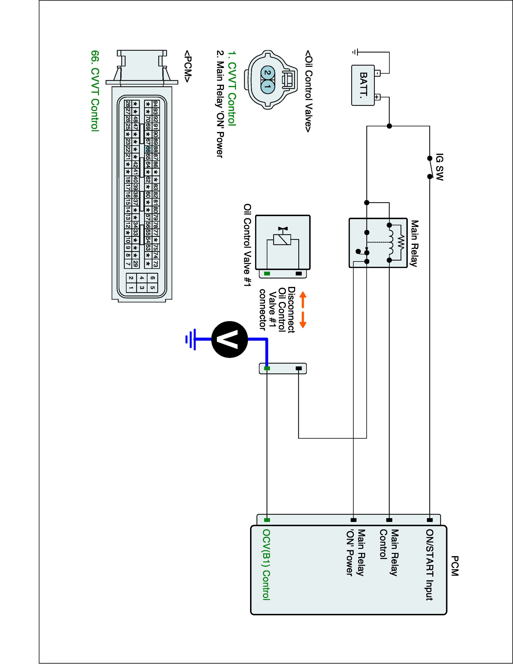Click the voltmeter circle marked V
(x=230, y=339)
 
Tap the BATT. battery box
(x=363, y=85)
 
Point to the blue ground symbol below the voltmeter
(x=191, y=339)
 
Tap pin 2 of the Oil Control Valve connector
(x=267, y=73)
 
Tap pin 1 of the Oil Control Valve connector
(x=267, y=86)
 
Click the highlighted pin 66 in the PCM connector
(x=148, y=149)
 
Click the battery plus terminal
(x=377, y=97)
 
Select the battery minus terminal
(x=377, y=73)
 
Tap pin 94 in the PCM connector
(x=155, y=104)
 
